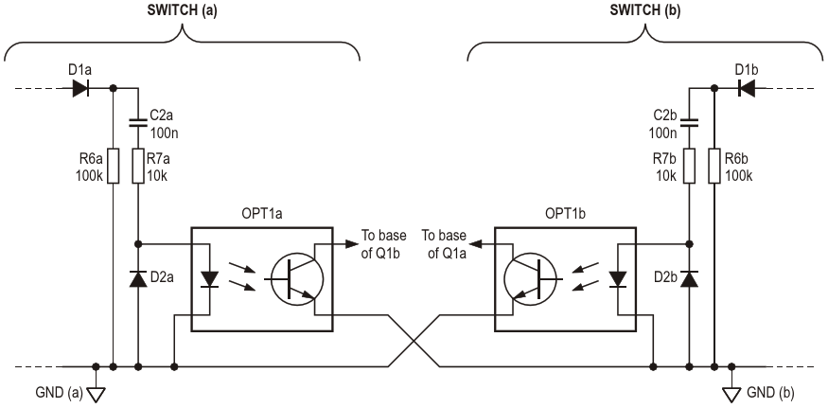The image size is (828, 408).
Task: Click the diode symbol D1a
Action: (80, 88)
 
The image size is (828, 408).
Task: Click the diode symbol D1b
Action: (747, 88)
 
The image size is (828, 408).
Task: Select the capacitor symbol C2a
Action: (139, 120)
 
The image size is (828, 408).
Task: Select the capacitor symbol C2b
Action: (689, 120)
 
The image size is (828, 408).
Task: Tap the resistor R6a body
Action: (113, 167)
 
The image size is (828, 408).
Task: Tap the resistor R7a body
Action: (139, 167)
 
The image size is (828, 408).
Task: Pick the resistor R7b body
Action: (689, 167)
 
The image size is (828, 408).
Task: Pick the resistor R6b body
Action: (715, 167)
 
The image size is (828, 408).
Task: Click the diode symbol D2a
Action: (139, 278)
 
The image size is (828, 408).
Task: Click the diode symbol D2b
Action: (689, 278)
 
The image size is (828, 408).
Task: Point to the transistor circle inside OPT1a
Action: (296, 278)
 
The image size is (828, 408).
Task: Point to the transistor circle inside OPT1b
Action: (531, 278)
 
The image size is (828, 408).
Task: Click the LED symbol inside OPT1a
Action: (209, 279)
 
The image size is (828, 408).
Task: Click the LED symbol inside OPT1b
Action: (619, 279)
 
